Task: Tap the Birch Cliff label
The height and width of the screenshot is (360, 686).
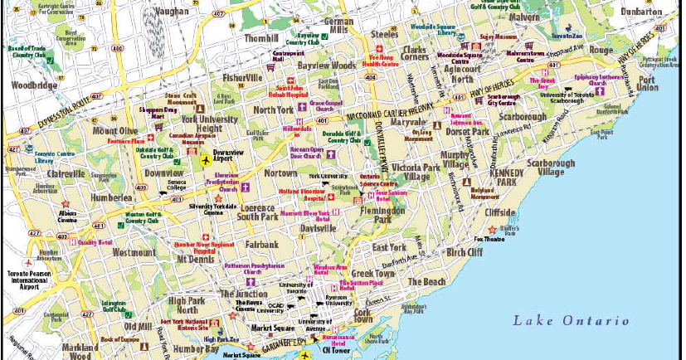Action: click(x=469, y=251)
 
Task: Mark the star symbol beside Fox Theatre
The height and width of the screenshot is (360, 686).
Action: click(x=491, y=229)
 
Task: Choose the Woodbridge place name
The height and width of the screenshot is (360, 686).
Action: click(x=32, y=85)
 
